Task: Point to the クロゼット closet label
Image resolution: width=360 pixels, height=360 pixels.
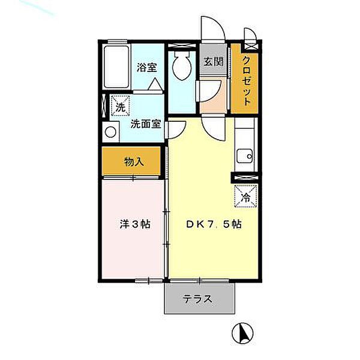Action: pos(247,80)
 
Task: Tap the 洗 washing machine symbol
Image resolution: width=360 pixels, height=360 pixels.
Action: pos(120,108)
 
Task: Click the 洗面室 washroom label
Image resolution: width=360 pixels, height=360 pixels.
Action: pos(145,125)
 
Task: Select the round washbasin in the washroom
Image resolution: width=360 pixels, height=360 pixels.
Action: pos(110,132)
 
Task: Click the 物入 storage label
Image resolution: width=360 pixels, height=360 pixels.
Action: pos(133,161)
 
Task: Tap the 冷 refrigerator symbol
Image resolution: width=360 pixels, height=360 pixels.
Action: pos(245,196)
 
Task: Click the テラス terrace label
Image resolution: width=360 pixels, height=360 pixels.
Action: pos(197,299)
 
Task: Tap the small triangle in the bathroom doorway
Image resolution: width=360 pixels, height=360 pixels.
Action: pos(155,85)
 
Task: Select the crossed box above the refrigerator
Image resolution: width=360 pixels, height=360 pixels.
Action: pos(245,177)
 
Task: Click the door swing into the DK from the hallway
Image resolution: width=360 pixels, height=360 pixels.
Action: pos(211,127)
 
